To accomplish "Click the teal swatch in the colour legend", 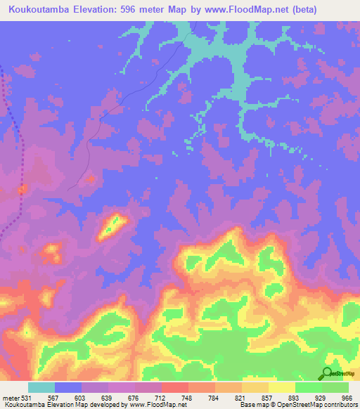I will (41, 388).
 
